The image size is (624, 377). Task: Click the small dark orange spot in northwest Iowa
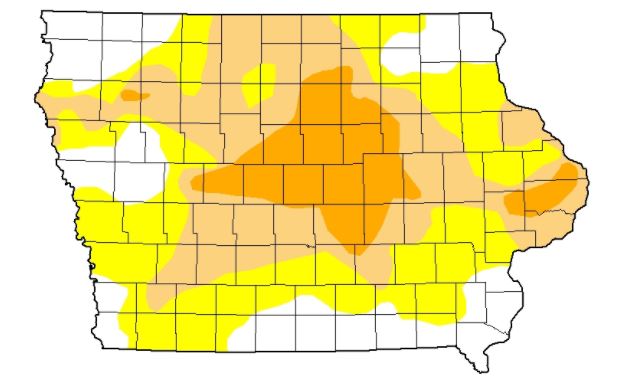pos(134,96)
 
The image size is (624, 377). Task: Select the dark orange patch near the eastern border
pos(544,195)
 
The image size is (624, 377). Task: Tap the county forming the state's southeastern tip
pos(474,340)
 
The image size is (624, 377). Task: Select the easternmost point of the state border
pos(587,180)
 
